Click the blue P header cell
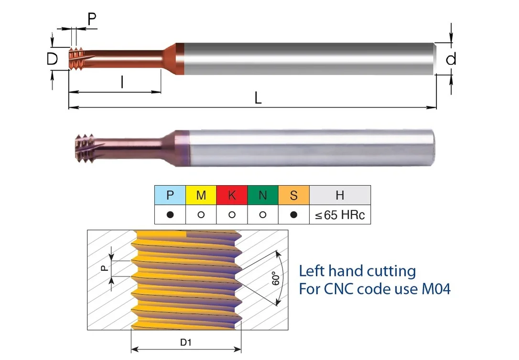170,195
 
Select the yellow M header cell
201,195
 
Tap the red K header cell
232,195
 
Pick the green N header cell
263,195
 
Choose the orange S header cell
293,195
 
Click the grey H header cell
340,195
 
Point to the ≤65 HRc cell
340,214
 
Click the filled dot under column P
170,214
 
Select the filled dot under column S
293,214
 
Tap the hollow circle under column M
201,214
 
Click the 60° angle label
276,278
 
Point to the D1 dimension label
186,342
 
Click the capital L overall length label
258,98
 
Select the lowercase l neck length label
122,82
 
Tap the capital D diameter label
52,59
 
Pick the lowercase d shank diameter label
451,59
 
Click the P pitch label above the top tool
92,19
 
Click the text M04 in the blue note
436,288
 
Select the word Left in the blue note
312,271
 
